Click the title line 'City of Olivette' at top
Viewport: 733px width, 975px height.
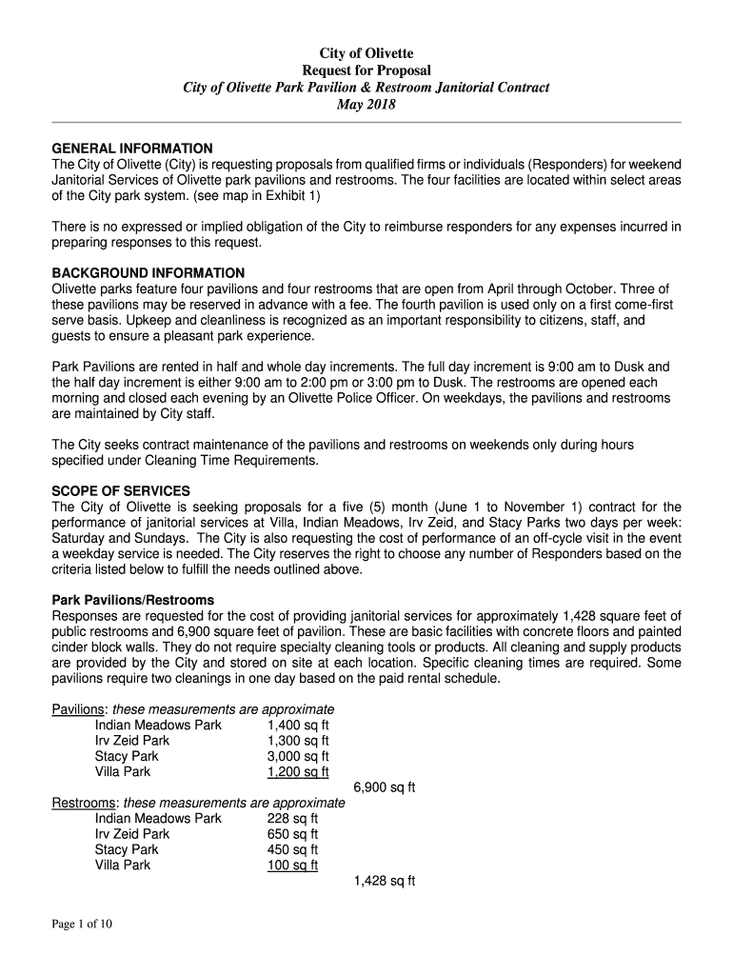366,53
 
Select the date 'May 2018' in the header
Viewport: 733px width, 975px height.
366,105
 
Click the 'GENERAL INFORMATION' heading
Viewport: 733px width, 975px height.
131,149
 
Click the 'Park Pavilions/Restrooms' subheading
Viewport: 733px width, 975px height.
132,601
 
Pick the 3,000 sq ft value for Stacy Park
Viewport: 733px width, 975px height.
298,756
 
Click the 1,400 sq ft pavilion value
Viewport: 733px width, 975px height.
298,725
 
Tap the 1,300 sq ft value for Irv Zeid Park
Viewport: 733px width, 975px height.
298,741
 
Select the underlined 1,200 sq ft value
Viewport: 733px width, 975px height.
298,771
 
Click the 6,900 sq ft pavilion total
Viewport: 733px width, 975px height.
385,787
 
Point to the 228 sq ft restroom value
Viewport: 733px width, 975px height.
292,818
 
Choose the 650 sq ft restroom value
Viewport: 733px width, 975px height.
292,834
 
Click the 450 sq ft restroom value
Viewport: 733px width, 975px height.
292,849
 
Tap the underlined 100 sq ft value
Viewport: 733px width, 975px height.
292,865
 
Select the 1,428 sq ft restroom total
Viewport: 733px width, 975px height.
385,881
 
